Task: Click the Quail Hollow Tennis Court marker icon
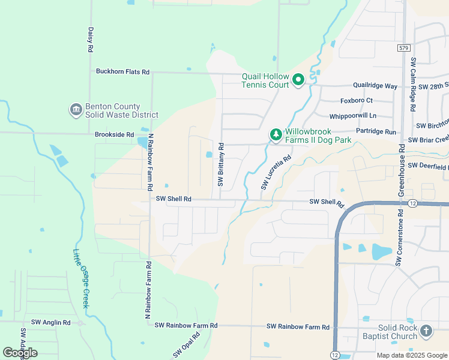298,80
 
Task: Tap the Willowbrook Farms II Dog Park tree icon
276,135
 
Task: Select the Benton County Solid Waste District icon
76,110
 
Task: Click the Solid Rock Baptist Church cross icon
426,331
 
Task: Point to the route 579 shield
403,47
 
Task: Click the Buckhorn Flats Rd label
122,71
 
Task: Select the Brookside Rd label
114,134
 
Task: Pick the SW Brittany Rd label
221,164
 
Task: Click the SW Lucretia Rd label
276,173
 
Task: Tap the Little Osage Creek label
80,279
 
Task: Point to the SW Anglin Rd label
51,322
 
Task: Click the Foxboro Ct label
357,100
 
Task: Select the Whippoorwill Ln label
353,116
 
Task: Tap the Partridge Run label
376,131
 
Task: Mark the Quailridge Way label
375,86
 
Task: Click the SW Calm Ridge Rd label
413,85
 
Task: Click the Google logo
20,353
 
